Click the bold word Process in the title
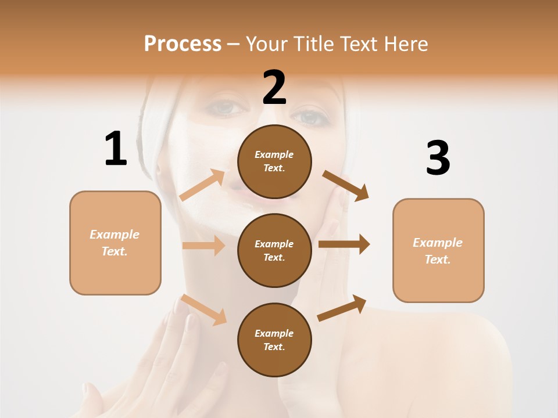[x=183, y=44]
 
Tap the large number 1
[x=116, y=149]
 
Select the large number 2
[x=274, y=88]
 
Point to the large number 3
[x=438, y=158]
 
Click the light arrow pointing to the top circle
[x=202, y=185]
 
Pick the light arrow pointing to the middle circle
[x=203, y=246]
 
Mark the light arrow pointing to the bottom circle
[x=203, y=309]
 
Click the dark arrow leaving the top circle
[x=346, y=185]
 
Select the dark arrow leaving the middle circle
[x=344, y=244]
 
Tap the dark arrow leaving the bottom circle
[x=342, y=308]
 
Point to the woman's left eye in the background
[x=310, y=118]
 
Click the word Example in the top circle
[x=274, y=155]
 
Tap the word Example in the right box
[x=438, y=243]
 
